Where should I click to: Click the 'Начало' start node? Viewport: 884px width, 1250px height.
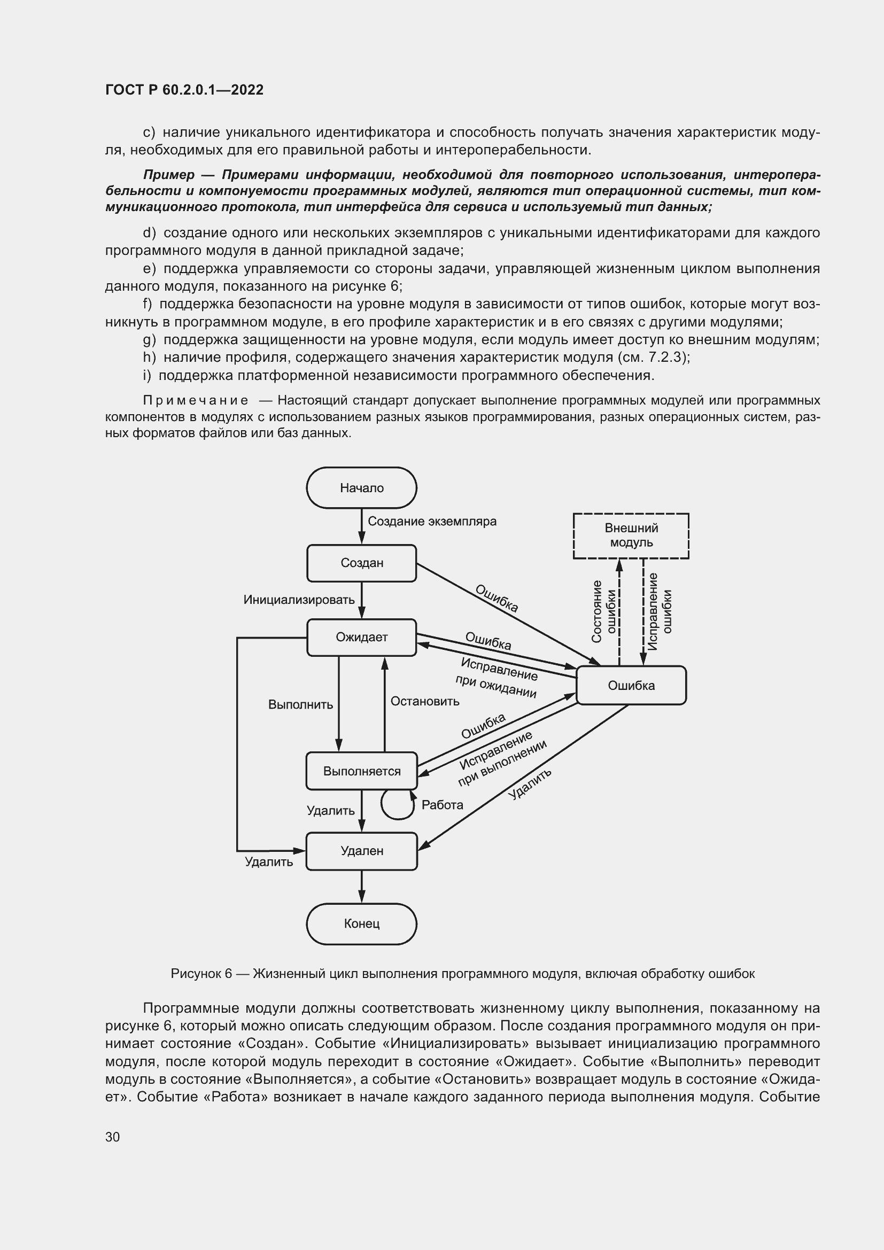(361, 488)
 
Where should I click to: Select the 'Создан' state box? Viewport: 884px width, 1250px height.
(361, 563)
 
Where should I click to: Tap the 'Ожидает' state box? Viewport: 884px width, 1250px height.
(361, 637)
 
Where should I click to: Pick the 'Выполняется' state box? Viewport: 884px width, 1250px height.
(361, 771)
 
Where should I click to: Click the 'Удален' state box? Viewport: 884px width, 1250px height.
(361, 851)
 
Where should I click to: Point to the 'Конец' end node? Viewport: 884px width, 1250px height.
(361, 924)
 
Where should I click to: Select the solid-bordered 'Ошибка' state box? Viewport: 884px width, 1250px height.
(631, 686)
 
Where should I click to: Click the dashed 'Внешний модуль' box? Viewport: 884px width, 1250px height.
(631, 535)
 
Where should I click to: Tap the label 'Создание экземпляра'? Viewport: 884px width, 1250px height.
(432, 522)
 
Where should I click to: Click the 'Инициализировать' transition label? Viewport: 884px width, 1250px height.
(299, 600)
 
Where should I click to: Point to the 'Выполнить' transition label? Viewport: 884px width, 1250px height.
(300, 705)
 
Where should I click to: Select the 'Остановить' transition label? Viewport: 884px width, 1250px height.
(424, 701)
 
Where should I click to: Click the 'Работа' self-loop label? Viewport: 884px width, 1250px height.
(442, 805)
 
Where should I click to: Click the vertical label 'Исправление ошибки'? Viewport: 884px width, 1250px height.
(660, 611)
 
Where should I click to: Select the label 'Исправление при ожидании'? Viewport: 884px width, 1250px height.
(498, 677)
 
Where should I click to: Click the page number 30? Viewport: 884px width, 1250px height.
(113, 1137)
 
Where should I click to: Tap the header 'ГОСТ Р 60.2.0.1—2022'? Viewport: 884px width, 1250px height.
(184, 90)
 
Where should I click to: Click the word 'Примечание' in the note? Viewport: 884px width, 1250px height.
(196, 401)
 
